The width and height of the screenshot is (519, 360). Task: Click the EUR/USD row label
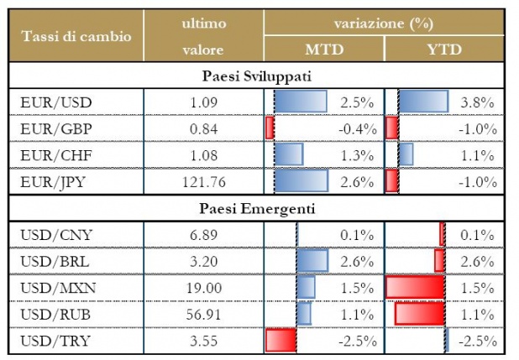(x=55, y=102)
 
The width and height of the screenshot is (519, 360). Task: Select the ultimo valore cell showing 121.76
(x=202, y=180)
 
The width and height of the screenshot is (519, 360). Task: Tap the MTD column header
(x=323, y=49)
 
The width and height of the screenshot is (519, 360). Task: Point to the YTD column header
(x=444, y=49)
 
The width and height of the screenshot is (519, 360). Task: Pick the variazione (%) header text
(x=383, y=23)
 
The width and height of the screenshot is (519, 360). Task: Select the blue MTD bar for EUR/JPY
(x=300, y=180)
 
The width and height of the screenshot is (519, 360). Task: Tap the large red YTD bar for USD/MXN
(x=415, y=288)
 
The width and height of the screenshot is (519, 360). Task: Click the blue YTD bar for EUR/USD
(x=422, y=102)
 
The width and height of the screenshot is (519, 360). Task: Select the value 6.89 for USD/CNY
(x=202, y=234)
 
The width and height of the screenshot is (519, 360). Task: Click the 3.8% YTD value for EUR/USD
(x=477, y=102)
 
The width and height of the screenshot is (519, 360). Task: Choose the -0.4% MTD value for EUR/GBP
(x=354, y=128)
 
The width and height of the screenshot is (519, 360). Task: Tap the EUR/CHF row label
(x=55, y=154)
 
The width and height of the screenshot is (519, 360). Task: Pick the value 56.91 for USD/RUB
(x=202, y=314)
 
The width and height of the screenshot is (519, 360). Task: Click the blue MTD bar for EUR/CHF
(x=288, y=154)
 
